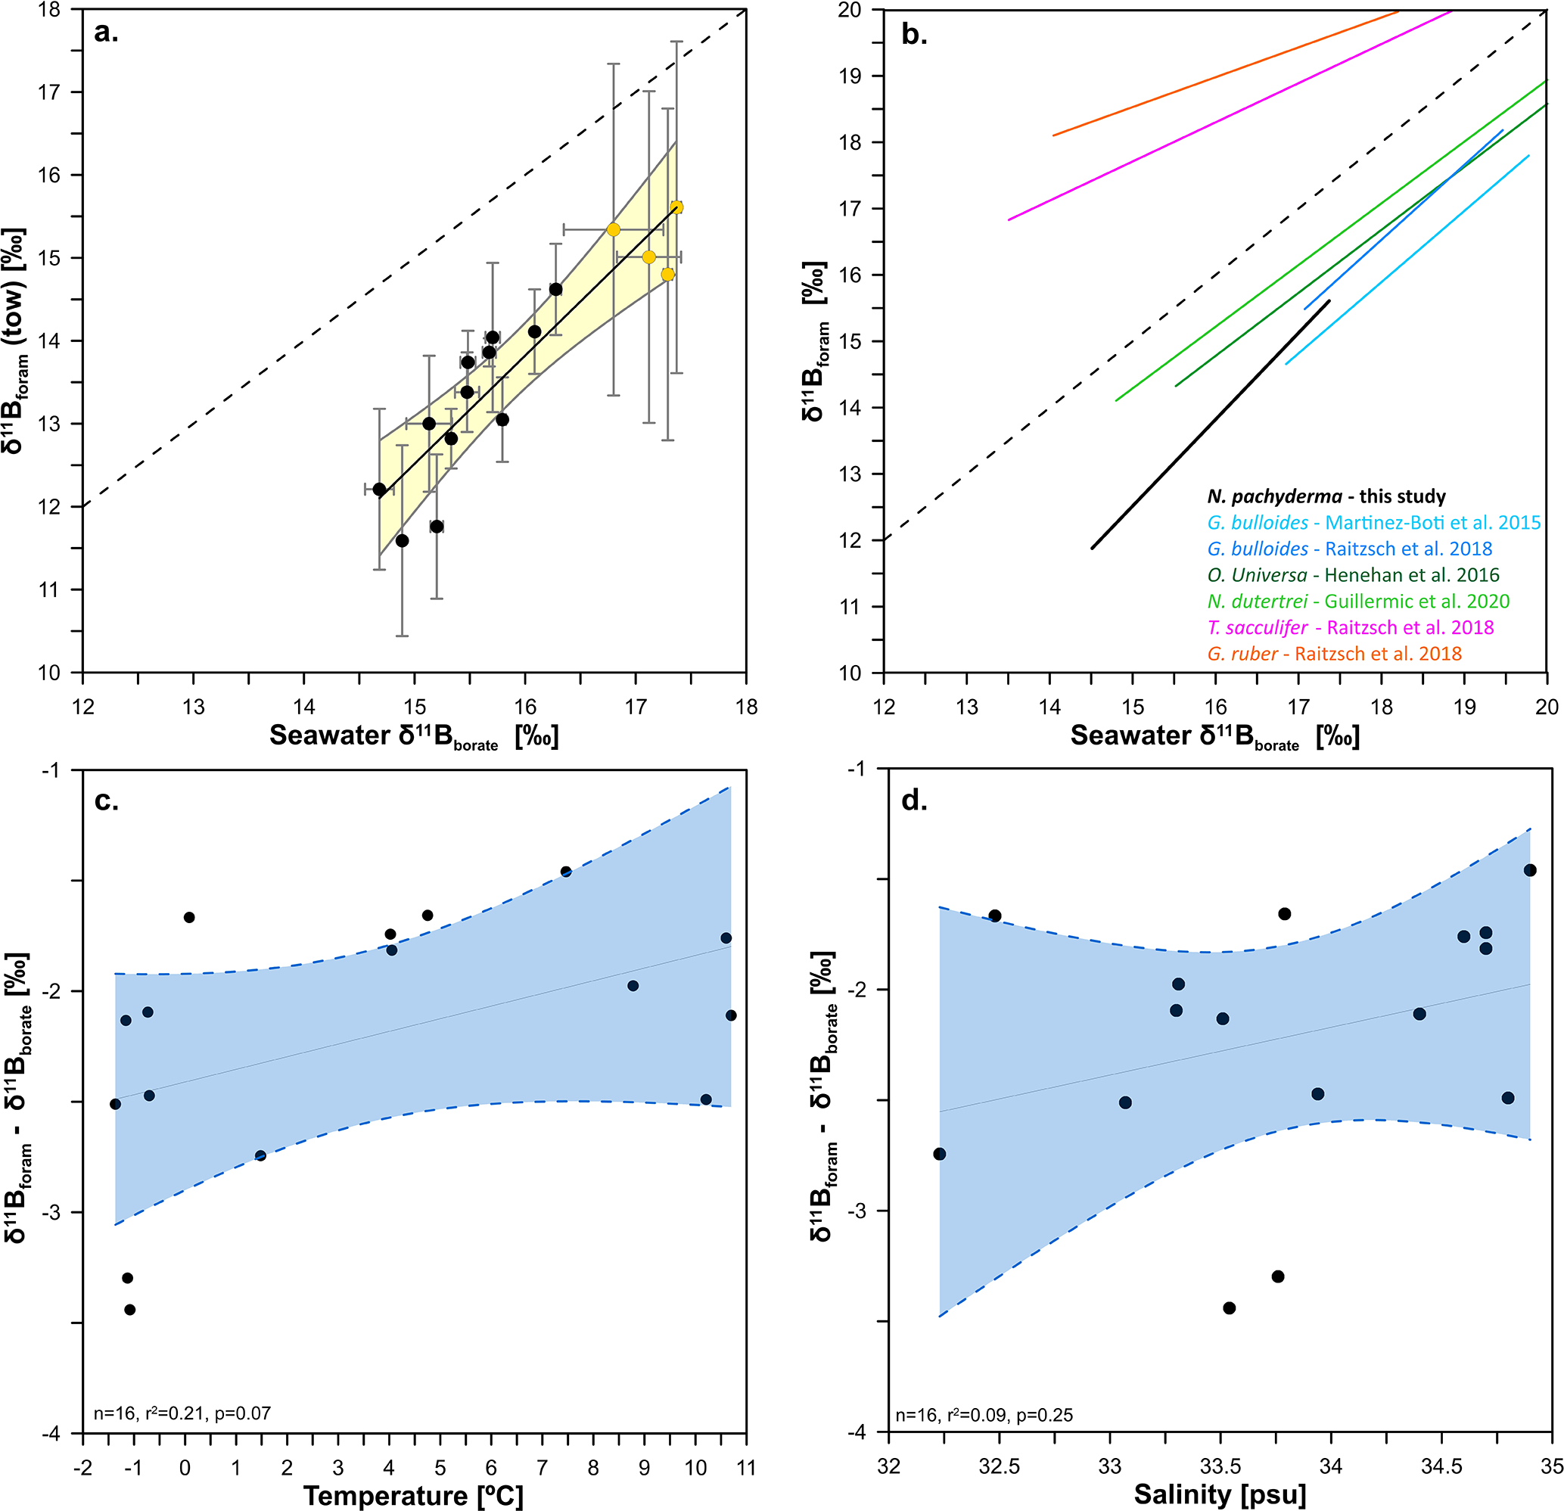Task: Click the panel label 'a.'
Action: (106, 33)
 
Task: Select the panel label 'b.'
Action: (915, 34)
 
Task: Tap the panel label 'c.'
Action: (106, 801)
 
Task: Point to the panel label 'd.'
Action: (915, 801)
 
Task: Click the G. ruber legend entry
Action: (1334, 654)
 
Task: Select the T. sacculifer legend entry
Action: (1350, 628)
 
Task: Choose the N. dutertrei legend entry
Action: (1358, 602)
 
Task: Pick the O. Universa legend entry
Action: (1354, 575)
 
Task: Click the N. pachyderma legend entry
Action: (1326, 496)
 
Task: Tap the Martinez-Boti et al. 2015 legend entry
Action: (1374, 523)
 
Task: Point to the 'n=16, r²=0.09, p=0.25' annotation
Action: (984, 1415)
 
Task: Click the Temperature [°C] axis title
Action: (413, 1495)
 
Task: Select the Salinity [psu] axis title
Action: (1220, 1494)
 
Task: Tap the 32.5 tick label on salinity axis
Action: (999, 1466)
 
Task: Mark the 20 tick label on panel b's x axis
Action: (1547, 707)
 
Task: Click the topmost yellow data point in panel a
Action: (676, 207)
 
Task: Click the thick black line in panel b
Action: (1211, 424)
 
